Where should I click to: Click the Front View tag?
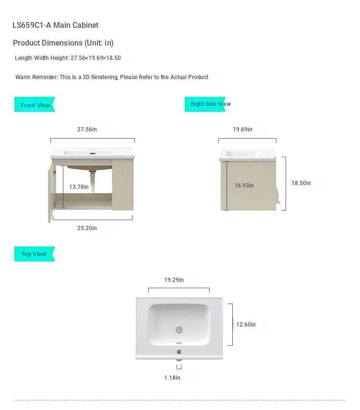(35, 105)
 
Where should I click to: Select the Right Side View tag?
(210, 104)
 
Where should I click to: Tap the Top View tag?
(34, 254)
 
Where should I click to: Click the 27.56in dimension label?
(87, 129)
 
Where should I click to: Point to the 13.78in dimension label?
(79, 187)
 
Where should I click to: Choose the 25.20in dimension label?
(87, 228)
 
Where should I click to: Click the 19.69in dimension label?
(242, 129)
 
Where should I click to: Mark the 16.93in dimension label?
(244, 186)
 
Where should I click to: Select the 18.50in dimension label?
(301, 183)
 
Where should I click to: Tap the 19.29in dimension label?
(174, 280)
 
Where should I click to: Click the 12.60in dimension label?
(246, 325)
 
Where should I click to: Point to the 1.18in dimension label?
(172, 378)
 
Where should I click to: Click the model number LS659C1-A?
(31, 25)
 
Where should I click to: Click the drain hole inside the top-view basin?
(179, 330)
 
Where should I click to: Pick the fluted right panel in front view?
(123, 185)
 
